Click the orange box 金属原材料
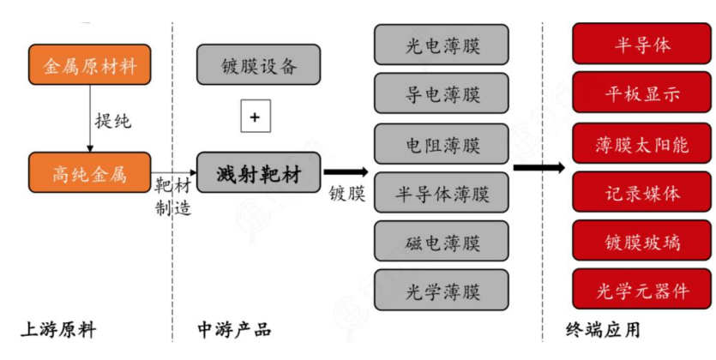(89, 64)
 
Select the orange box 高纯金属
(89, 174)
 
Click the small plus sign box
(255, 119)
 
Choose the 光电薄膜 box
(442, 45)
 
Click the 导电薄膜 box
(442, 93)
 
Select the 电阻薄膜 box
(442, 142)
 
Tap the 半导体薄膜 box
(442, 193)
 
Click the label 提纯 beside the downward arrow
(113, 120)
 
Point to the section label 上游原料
(57, 330)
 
